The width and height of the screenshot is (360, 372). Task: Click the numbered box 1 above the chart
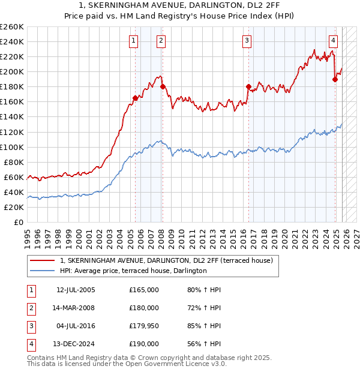click(x=133, y=41)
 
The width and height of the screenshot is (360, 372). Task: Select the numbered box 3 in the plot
click(x=247, y=41)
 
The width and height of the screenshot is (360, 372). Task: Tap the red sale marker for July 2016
click(x=248, y=86)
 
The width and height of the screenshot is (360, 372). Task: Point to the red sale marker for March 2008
click(x=163, y=86)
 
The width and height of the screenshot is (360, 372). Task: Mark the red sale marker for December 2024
click(x=335, y=79)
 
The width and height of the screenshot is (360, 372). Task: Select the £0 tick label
click(x=18, y=222)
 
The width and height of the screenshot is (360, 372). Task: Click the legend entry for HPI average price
click(x=133, y=271)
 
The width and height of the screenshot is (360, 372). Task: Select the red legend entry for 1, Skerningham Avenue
click(x=166, y=260)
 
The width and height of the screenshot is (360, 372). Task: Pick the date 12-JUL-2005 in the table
click(x=76, y=290)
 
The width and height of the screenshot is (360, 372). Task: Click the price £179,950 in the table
click(x=144, y=326)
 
